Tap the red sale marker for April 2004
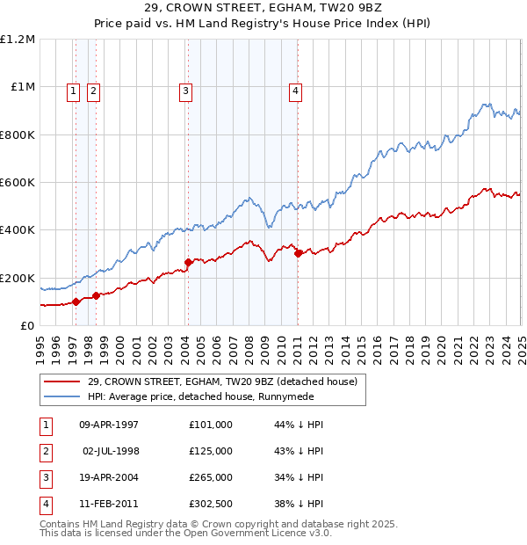click(188, 262)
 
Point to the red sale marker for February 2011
click(298, 253)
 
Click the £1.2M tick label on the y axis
click(18, 40)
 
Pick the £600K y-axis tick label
click(18, 183)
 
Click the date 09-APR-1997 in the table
click(109, 425)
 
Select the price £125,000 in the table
click(211, 451)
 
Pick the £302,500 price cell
click(211, 504)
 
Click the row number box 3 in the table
click(46, 477)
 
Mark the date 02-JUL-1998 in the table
click(111, 451)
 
